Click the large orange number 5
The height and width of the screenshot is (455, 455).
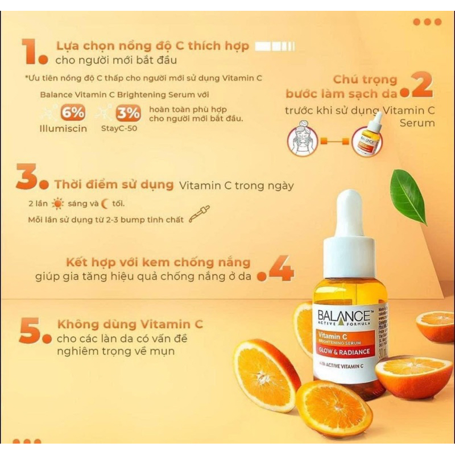pyautogui.click(x=30, y=330)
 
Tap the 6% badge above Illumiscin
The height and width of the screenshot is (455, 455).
pyautogui.click(x=73, y=113)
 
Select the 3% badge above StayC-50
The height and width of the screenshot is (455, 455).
pyautogui.click(x=129, y=113)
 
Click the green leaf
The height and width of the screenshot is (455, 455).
pyautogui.click(x=408, y=196)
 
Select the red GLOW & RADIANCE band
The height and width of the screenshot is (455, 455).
pyautogui.click(x=344, y=351)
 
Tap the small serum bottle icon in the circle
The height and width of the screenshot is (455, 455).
pyautogui.click(x=367, y=140)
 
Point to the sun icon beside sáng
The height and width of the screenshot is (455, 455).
pyautogui.click(x=57, y=203)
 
